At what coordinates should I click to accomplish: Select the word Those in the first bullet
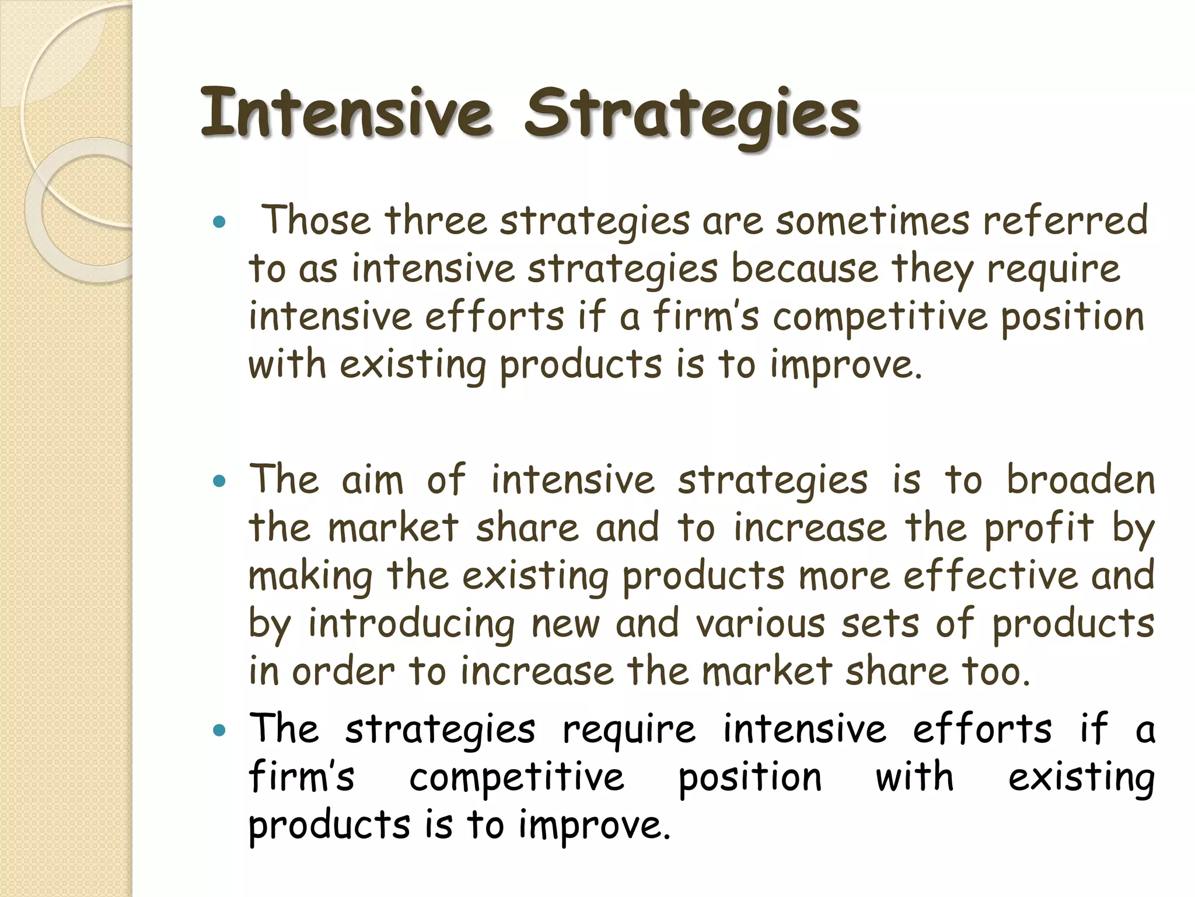click(316, 220)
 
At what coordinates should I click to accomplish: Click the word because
click(805, 269)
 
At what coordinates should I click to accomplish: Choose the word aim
click(372, 480)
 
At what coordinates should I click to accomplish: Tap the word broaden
click(1081, 480)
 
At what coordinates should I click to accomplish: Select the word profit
click(1039, 529)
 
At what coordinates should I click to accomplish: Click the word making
click(310, 577)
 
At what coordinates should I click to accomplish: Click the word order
click(344, 672)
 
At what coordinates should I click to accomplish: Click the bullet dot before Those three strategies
click(219, 222)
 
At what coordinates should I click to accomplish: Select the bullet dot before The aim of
click(219, 482)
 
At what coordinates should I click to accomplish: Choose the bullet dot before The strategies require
click(219, 731)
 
